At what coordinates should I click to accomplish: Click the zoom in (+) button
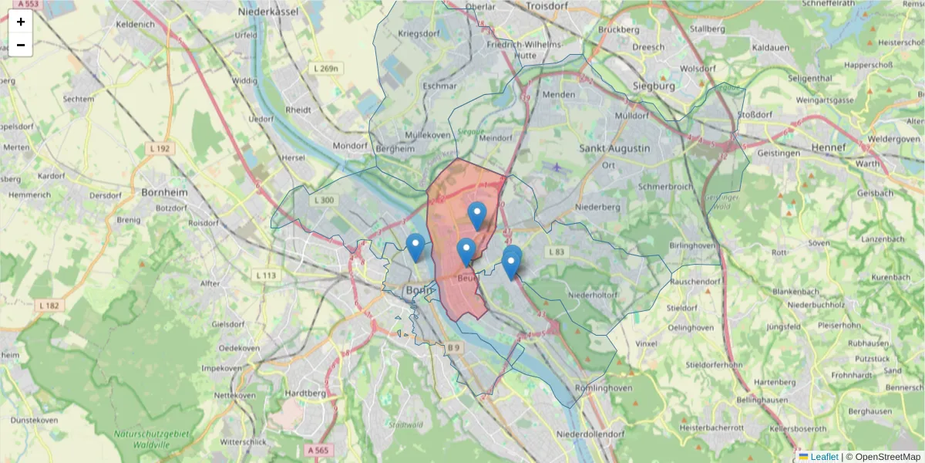pos(21,22)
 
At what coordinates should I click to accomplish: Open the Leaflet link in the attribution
pos(824,457)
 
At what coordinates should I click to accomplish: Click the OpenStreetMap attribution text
pos(887,457)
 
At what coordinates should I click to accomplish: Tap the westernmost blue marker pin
pos(415,247)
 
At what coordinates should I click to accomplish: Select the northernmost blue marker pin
pos(477,215)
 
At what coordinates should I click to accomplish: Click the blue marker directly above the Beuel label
pos(466,252)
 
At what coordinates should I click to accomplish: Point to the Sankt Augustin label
pos(614,148)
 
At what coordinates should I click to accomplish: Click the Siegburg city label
pos(653,86)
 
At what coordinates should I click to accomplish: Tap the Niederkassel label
pos(310,12)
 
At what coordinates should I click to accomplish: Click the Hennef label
pos(829,147)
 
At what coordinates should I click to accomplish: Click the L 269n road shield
pos(327,69)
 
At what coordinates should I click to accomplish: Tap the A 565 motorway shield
pos(318,450)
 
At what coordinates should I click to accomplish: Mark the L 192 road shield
pos(160,148)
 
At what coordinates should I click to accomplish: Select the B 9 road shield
pos(454,349)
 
